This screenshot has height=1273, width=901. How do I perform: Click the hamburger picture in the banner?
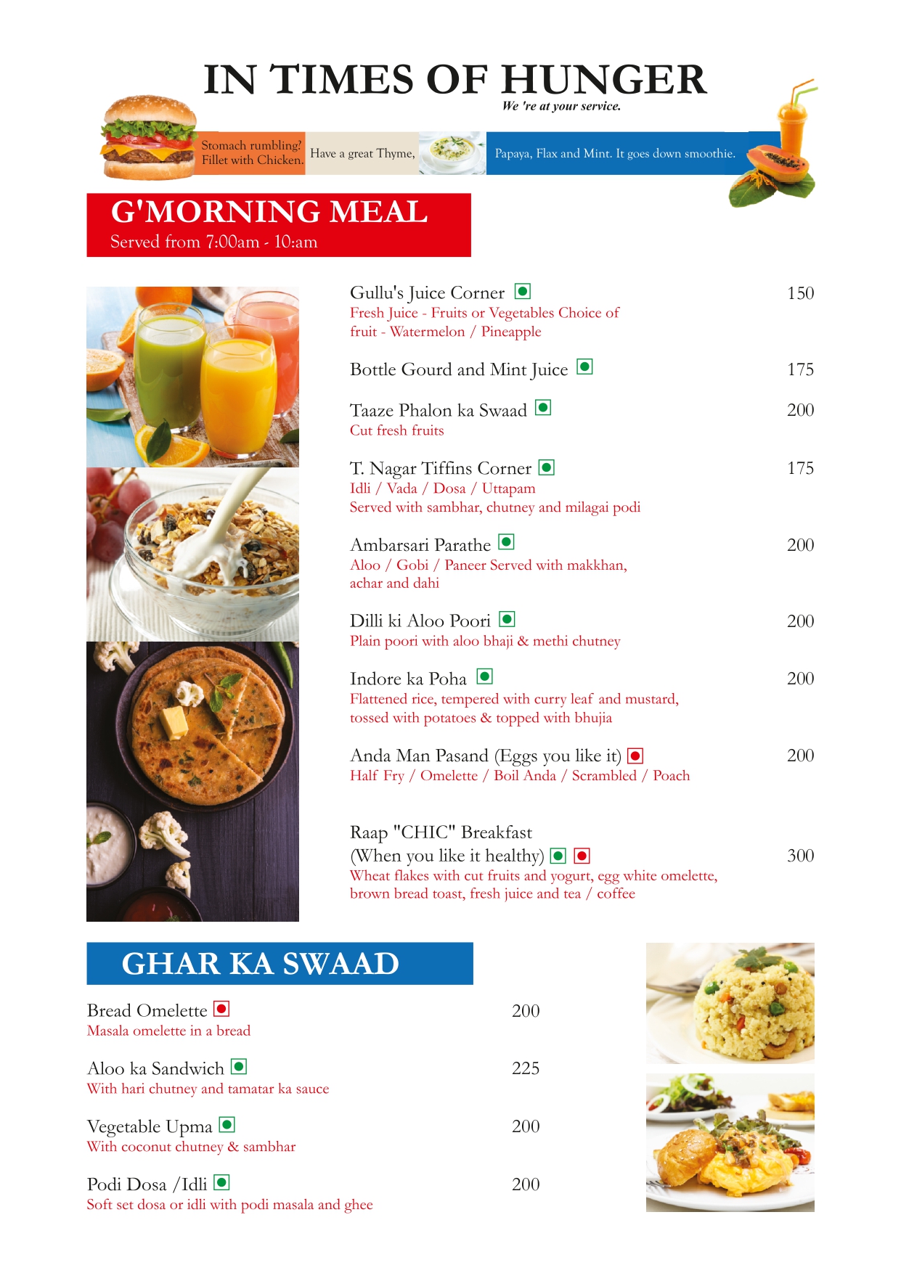[x=149, y=138]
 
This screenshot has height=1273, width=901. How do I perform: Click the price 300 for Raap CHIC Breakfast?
[x=800, y=856]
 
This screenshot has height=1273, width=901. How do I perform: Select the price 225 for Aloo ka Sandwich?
[x=526, y=1068]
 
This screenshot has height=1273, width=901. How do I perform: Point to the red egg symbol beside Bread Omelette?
[x=222, y=1009]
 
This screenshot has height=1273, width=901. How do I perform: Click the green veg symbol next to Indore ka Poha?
[x=485, y=676]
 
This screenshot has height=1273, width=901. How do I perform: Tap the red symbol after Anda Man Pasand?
[x=635, y=756]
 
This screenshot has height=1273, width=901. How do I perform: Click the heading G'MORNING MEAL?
[x=269, y=212]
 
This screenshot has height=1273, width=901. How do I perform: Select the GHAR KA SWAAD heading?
[x=261, y=964]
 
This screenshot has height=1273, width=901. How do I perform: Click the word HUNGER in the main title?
[x=603, y=80]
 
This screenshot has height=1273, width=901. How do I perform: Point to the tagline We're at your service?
[x=561, y=106]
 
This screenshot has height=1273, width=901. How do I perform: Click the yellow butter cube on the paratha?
[x=174, y=722]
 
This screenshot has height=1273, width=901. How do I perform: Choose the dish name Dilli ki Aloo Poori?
[x=420, y=621]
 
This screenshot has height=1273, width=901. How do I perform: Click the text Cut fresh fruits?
[x=396, y=430]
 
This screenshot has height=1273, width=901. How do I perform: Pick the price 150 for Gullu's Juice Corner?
[x=800, y=293]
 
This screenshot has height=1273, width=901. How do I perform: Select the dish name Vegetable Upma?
[x=150, y=1126]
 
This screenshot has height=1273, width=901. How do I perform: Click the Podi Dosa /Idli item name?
[x=147, y=1184]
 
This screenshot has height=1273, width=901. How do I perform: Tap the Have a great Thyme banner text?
[x=362, y=154]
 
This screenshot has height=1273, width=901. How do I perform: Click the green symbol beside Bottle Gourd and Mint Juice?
[x=585, y=367]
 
